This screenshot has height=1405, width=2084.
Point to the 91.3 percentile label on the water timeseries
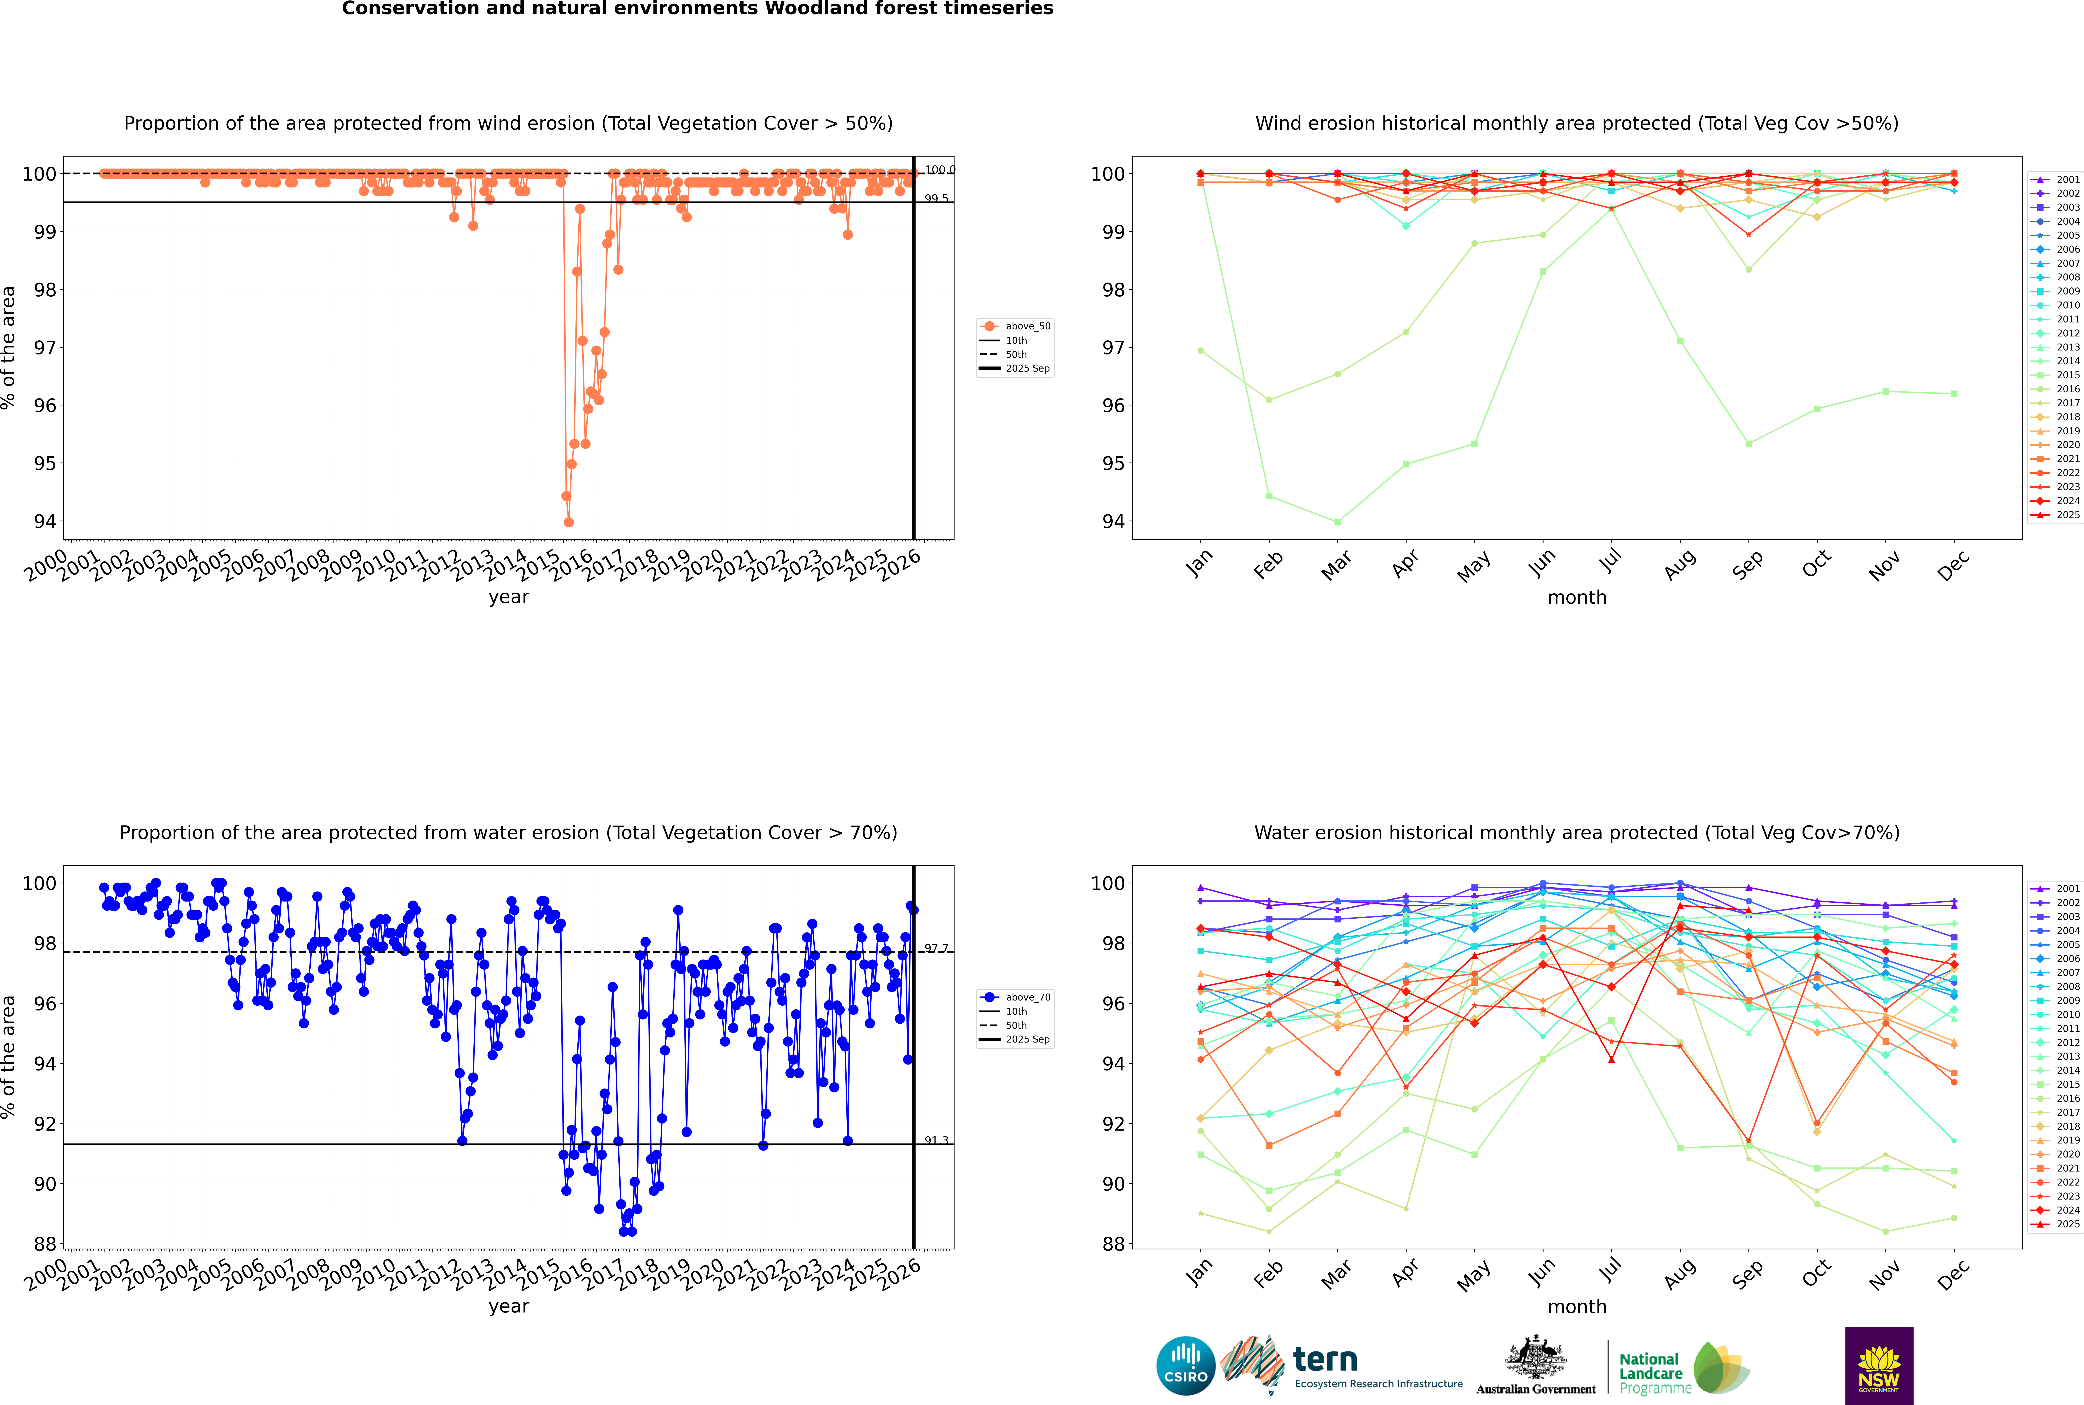click(x=936, y=1141)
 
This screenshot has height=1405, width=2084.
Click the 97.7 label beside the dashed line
click(x=936, y=948)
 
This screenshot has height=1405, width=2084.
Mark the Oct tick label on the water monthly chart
click(x=1816, y=1272)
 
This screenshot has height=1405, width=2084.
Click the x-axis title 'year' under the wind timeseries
click(x=508, y=597)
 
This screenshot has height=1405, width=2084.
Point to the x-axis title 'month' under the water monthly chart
click(x=1577, y=1306)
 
